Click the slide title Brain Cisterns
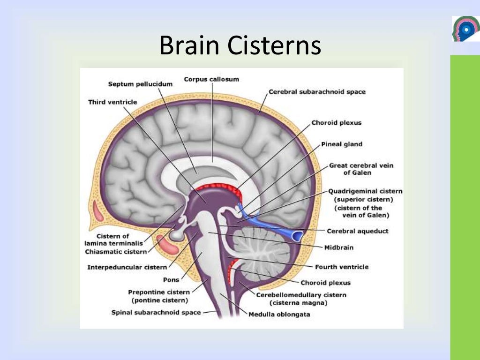coord(240,47)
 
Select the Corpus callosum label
coord(211,79)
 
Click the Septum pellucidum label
coord(140,84)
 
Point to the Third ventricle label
coord(112,102)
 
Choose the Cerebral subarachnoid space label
coord(317,92)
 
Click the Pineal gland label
coord(342,144)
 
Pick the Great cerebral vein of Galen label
coord(361,169)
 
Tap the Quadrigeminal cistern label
coord(365,191)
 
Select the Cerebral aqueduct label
coord(358,231)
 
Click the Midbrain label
coord(339,247)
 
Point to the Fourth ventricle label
coord(342,267)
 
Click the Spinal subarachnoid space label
coord(156,312)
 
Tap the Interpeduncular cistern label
coord(127,267)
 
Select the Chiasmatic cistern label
coord(116,252)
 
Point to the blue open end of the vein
coord(297,233)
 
